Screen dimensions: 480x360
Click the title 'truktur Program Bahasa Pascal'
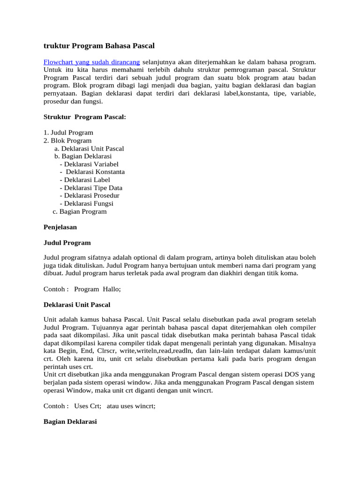pyautogui.click(x=99, y=46)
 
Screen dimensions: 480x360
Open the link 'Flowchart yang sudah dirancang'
pyautogui.click(x=91, y=62)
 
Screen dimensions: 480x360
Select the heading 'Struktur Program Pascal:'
pyautogui.click(x=85, y=116)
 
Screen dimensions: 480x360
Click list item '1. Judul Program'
pyautogui.click(x=68, y=133)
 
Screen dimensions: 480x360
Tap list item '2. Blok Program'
pyautogui.click(x=67, y=141)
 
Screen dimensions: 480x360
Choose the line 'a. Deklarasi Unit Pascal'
pyautogui.click(x=89, y=149)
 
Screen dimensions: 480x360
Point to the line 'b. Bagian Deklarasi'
pyautogui.click(x=83, y=156)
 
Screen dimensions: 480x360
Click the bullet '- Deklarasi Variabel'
pyautogui.click(x=89, y=164)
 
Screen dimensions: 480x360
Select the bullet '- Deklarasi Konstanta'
pyautogui.click(x=92, y=172)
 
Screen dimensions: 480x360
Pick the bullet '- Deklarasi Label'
pyautogui.click(x=85, y=180)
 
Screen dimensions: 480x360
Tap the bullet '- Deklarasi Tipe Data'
pyautogui.click(x=91, y=188)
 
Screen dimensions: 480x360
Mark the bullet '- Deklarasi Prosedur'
pyautogui.click(x=90, y=195)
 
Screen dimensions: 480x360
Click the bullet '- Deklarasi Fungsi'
pyautogui.click(x=87, y=203)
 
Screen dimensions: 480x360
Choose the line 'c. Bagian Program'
pyautogui.click(x=80, y=211)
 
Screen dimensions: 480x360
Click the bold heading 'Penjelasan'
pyautogui.click(x=60, y=227)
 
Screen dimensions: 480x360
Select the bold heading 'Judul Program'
pyautogui.click(x=67, y=243)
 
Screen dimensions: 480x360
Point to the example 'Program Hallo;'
pyautogui.click(x=97, y=289)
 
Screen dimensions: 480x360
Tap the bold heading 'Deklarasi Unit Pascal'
pyautogui.click(x=77, y=305)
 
